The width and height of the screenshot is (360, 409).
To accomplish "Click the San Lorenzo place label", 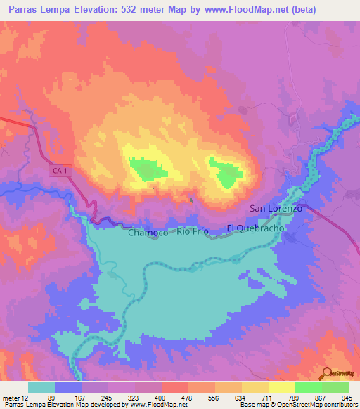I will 276,209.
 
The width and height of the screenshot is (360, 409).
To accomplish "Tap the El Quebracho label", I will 255,228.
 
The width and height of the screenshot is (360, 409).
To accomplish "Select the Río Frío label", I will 193,231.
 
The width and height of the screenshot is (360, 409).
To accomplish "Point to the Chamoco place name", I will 147,232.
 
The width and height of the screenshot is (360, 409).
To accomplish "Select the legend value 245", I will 107,398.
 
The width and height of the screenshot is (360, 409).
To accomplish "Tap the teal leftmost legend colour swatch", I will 41,387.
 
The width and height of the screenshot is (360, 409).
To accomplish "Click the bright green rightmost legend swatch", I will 335,387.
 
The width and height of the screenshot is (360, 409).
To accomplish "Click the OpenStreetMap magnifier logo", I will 326,373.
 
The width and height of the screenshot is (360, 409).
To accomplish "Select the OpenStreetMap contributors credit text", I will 317,405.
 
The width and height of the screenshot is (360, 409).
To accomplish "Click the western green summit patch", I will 148,169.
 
